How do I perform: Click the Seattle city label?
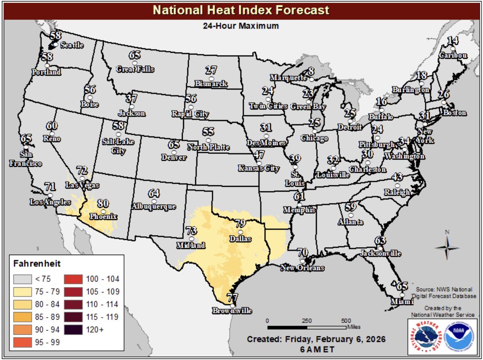[x=72, y=46]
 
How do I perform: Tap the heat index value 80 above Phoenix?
[x=103, y=203]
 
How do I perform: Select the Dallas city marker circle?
[x=241, y=232]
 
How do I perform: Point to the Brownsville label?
[x=233, y=311]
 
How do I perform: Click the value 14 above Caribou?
[x=453, y=41]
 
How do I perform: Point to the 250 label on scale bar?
[x=307, y=321]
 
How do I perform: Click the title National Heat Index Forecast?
[x=241, y=10]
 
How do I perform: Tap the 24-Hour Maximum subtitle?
[x=241, y=26]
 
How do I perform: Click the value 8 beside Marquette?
[x=311, y=71]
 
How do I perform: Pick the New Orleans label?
[x=302, y=268]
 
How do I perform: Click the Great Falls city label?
[x=135, y=69]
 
